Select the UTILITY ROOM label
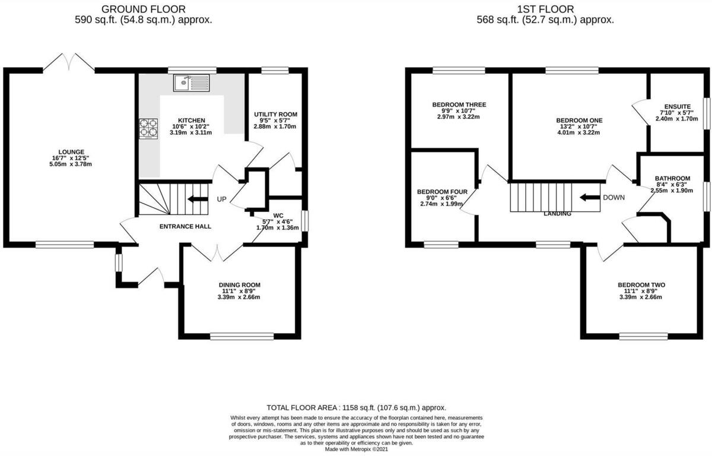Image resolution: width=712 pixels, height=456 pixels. click(x=275, y=114)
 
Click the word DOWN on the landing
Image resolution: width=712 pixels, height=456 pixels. click(x=613, y=198)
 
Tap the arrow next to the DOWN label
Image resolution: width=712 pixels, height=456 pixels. click(x=589, y=198)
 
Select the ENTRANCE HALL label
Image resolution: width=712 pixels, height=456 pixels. click(x=185, y=226)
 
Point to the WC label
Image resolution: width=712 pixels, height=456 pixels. click(x=278, y=216)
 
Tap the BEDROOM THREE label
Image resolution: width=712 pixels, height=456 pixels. click(x=459, y=104)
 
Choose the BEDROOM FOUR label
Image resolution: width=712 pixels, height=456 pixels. click(x=442, y=192)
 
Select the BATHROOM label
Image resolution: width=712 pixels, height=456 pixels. click(x=672, y=178)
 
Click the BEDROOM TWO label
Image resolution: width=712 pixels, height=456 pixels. click(x=641, y=284)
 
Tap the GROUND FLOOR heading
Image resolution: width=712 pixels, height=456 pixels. click(x=143, y=9)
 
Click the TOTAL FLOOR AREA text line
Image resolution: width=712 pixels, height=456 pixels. click(x=356, y=408)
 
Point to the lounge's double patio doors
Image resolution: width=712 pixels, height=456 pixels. click(x=69, y=61)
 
